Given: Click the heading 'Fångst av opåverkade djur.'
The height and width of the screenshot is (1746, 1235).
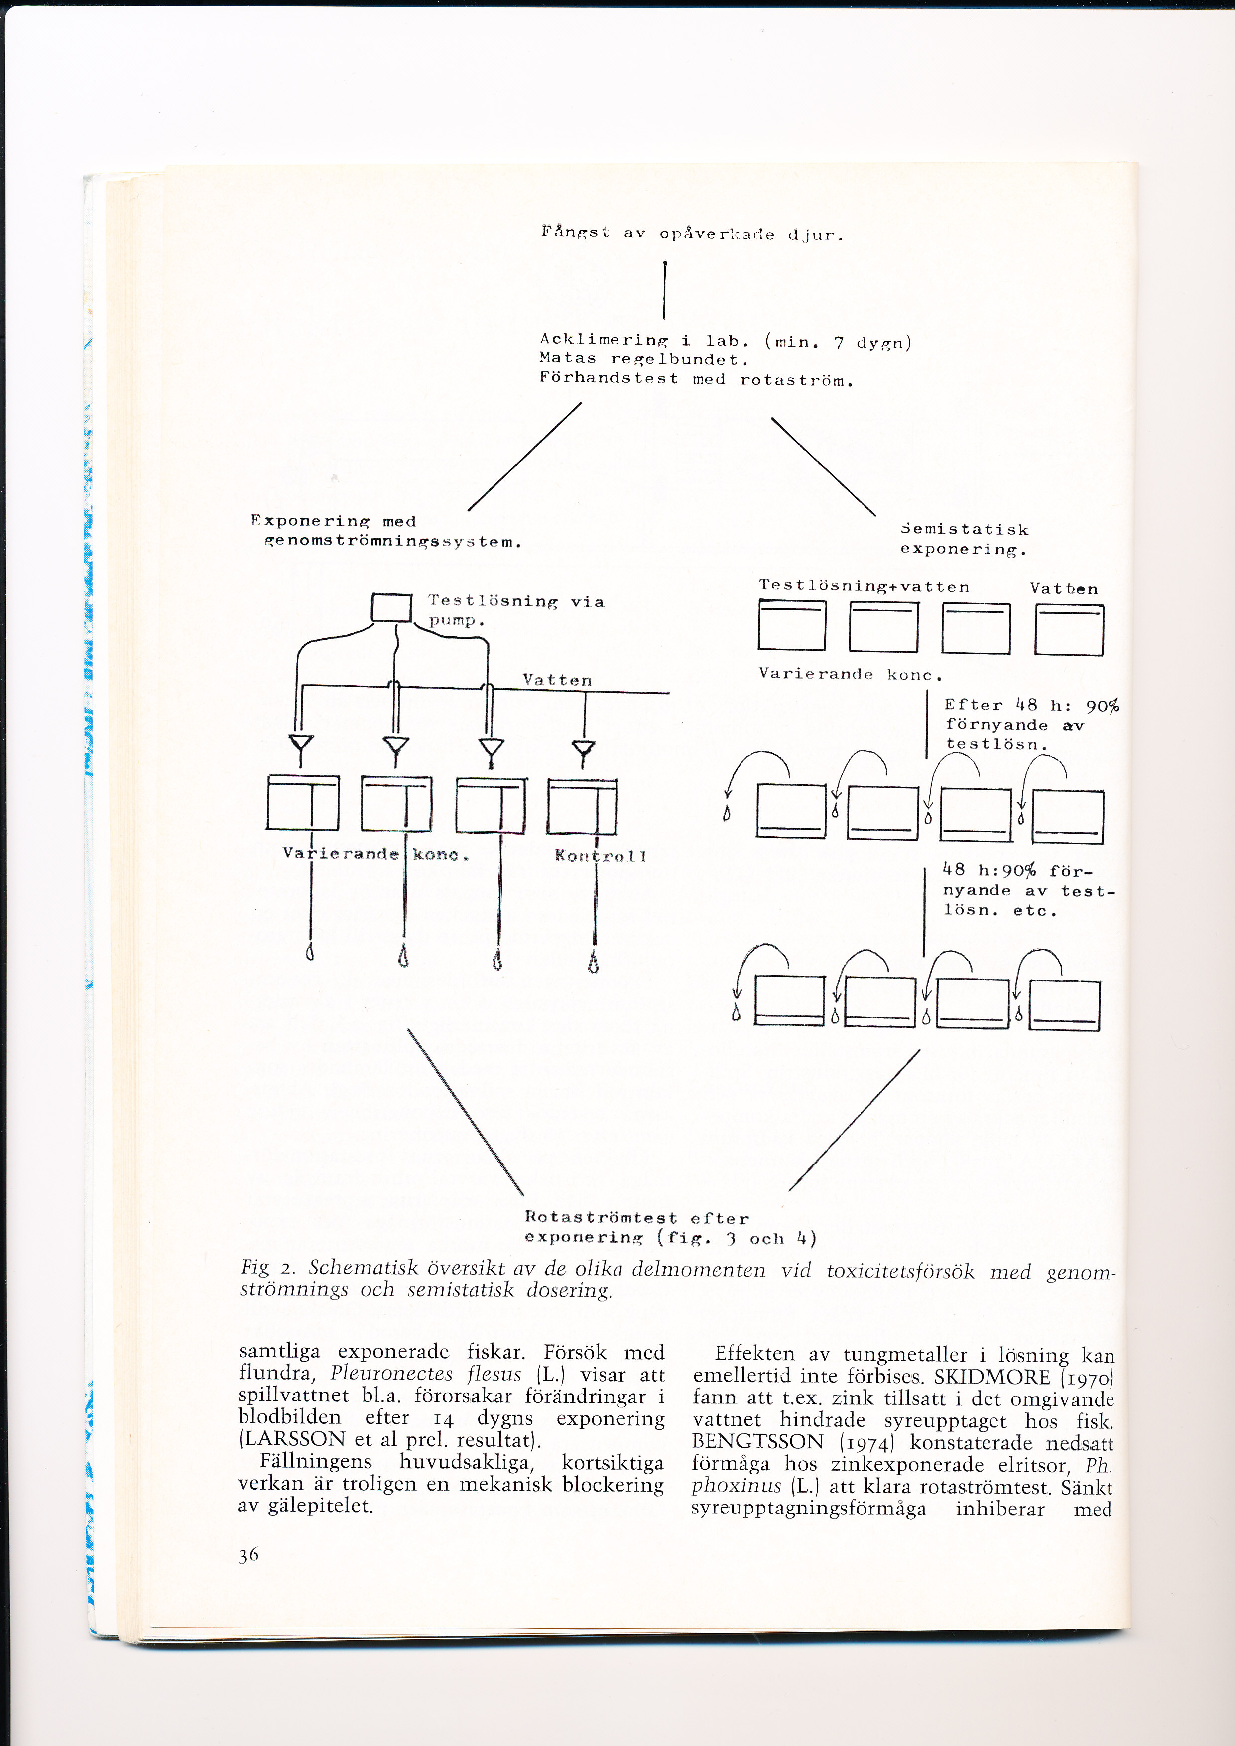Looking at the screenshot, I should [x=692, y=233].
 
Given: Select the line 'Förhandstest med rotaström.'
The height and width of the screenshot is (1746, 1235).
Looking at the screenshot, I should [x=696, y=379].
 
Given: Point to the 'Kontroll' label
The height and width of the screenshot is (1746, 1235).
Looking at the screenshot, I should [x=600, y=856].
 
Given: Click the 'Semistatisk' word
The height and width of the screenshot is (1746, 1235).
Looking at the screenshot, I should [x=964, y=529].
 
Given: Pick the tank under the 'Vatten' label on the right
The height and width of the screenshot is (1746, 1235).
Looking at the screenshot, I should [x=1069, y=630].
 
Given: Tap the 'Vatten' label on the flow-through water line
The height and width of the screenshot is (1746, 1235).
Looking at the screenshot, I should [x=557, y=680].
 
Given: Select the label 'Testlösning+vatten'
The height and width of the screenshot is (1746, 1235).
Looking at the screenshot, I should [x=864, y=586].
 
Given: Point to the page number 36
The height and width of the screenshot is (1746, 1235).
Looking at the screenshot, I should [x=248, y=1556].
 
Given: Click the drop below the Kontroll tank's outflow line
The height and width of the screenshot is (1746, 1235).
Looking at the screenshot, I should [x=593, y=964].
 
